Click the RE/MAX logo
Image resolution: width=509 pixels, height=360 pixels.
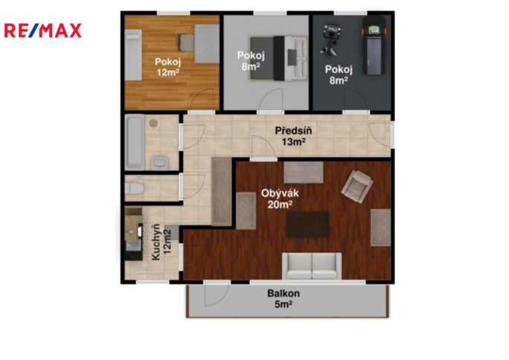coord(43,30)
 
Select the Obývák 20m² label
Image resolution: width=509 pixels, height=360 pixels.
coord(280,199)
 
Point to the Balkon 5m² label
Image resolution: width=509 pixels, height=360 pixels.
coord(284,299)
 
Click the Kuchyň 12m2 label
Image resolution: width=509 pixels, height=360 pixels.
coord(161,242)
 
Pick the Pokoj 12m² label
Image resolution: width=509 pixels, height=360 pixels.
coord(168,67)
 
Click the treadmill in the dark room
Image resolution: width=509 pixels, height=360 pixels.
coord(374,45)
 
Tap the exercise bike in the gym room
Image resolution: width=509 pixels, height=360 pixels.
coord(330,39)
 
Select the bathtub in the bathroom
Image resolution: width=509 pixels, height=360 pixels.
coord(135,142)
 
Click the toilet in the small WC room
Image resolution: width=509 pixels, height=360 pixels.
coord(134,188)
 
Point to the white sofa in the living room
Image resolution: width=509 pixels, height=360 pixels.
coord(312,266)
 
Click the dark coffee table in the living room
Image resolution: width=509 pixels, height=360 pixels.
coord(308,225)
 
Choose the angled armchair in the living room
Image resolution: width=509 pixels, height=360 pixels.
coord(357,187)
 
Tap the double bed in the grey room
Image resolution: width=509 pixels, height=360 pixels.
coord(278,58)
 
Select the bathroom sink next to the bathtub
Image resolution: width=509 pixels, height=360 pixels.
coord(159,163)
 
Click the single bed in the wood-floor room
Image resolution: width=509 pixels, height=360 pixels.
coord(134,55)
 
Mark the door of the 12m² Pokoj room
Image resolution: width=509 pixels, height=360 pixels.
coord(201,100)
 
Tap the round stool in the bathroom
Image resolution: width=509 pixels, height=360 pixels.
coord(153,123)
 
